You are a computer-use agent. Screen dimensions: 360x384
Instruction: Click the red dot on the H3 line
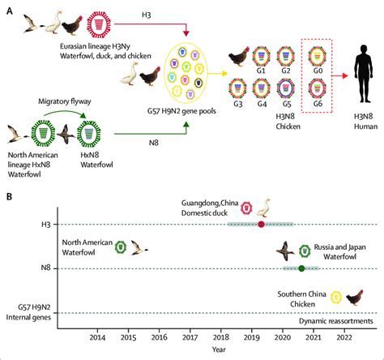coord(261,224)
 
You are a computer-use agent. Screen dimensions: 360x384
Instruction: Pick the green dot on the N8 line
coord(301,268)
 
